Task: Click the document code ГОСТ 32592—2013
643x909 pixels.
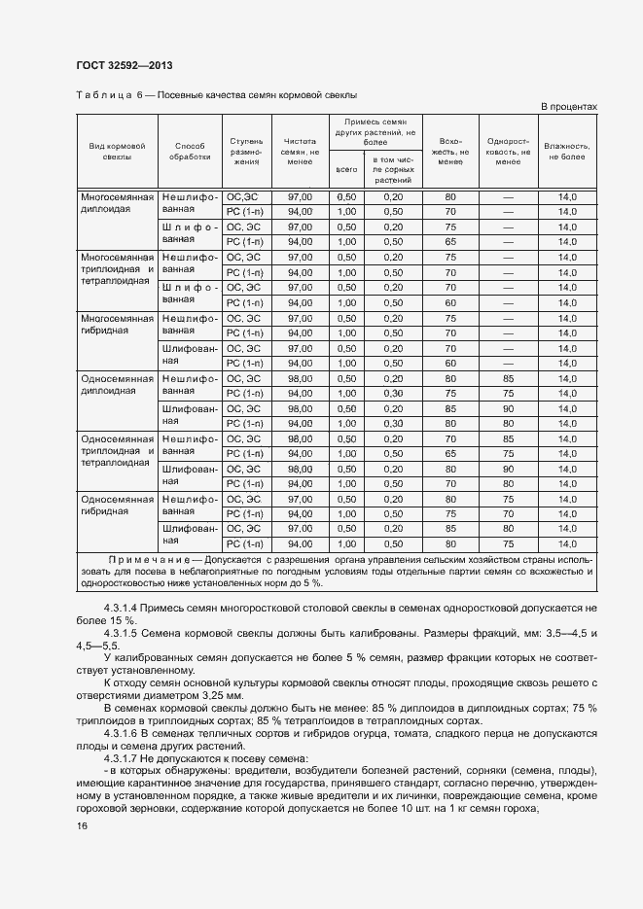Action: pyautogui.click(x=117, y=66)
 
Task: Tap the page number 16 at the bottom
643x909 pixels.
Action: pyautogui.click(x=82, y=825)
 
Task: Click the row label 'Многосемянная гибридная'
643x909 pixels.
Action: pyautogui.click(x=117, y=324)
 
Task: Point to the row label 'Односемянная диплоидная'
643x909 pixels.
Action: pyautogui.click(x=117, y=384)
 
